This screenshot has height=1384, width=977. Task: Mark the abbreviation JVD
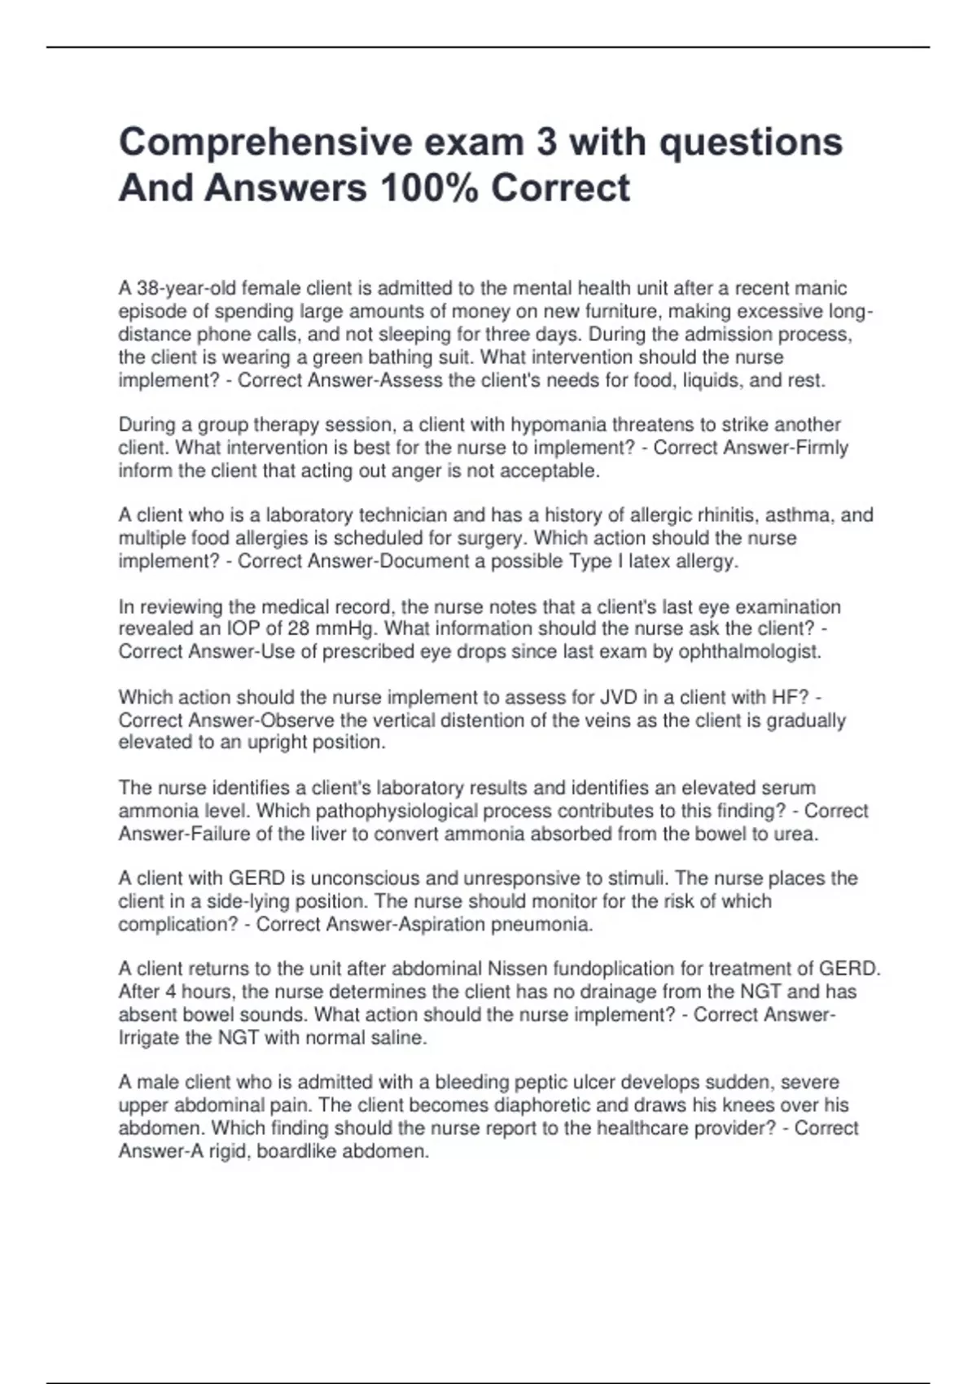[618, 697]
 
